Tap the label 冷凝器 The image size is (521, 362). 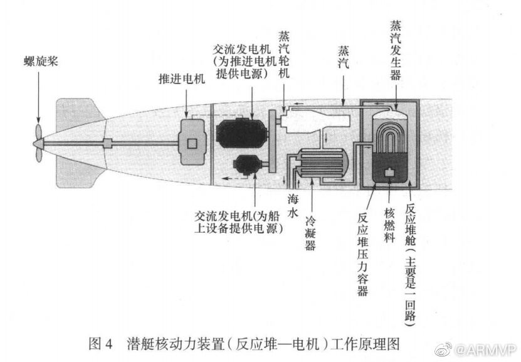pyautogui.click(x=310, y=233)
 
